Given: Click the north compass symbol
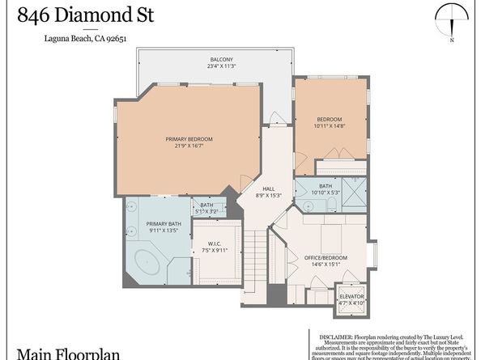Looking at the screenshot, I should pyautogui.click(x=452, y=20).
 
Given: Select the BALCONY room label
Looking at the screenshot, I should pyautogui.click(x=222, y=59).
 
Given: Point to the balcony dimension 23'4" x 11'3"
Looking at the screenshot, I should pyautogui.click(x=222, y=67).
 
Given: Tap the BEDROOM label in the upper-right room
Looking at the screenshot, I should pyautogui.click(x=329, y=119).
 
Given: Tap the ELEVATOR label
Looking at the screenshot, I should pyautogui.click(x=352, y=297).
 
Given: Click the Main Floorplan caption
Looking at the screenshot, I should pyautogui.click(x=55, y=353).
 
